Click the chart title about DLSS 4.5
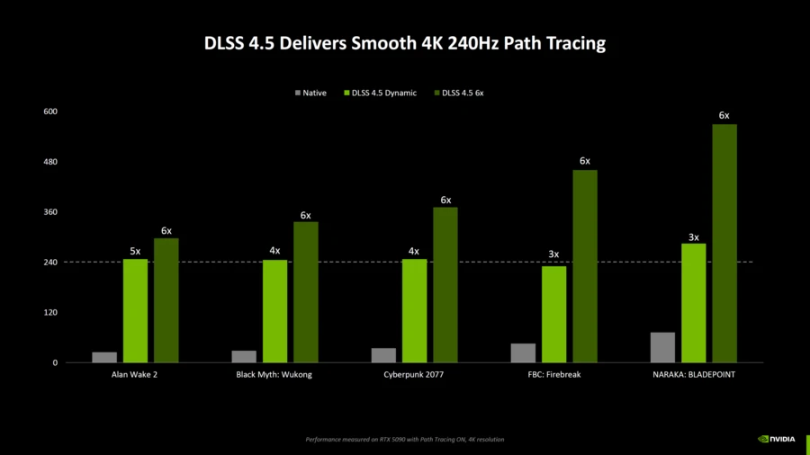click(x=405, y=43)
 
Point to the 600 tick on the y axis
click(x=49, y=112)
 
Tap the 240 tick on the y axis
click(x=49, y=263)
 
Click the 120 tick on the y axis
click(x=49, y=313)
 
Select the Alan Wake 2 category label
click(x=135, y=374)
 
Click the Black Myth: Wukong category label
click(x=274, y=374)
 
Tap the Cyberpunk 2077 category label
click(x=414, y=374)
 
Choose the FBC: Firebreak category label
click(x=553, y=374)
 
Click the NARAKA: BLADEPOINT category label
click(x=693, y=374)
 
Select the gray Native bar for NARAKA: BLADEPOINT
click(x=662, y=348)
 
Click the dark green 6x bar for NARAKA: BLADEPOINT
click(x=724, y=244)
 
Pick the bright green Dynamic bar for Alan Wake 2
click(x=135, y=311)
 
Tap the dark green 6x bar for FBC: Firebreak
click(x=585, y=266)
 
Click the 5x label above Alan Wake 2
click(x=135, y=251)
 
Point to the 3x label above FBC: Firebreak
click(x=553, y=254)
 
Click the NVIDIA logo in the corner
click(x=777, y=440)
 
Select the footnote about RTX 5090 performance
click(x=405, y=440)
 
